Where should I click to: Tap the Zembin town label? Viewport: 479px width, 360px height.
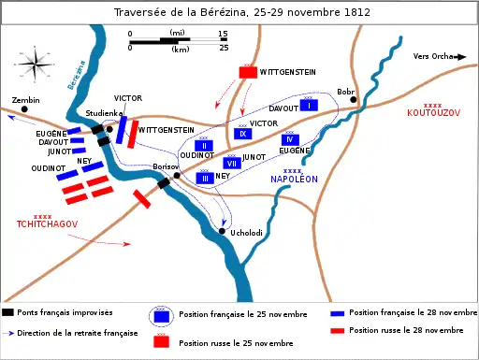[x=25, y=99]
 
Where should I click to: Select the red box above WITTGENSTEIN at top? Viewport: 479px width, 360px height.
[x=248, y=71]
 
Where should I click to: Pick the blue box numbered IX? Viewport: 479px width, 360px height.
[x=242, y=134]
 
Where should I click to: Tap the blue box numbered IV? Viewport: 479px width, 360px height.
[x=291, y=139]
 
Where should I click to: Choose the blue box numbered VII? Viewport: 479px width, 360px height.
[x=233, y=163]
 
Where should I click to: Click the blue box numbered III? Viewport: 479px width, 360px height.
[x=204, y=178]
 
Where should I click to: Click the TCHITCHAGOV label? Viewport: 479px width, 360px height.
[x=43, y=224]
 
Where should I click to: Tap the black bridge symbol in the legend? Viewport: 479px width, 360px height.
[x=8, y=312]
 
